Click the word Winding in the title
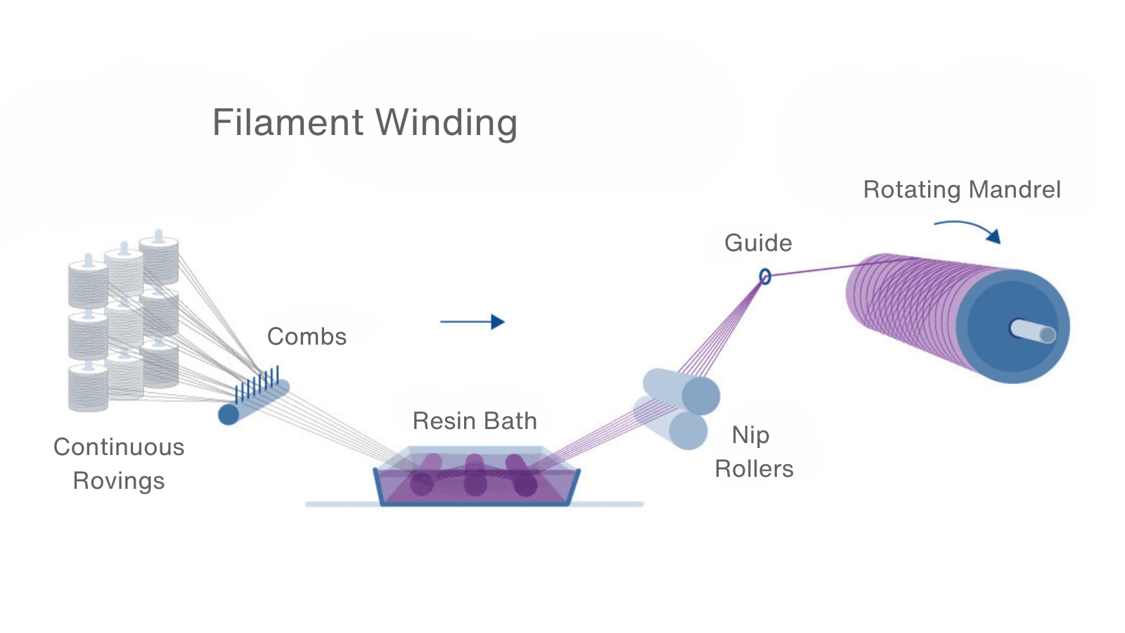(447, 124)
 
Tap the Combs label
(307, 337)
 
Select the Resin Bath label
(475, 421)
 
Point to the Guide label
(758, 243)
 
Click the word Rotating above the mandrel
(912, 190)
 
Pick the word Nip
(750, 435)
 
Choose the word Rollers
(754, 468)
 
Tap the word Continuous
(119, 447)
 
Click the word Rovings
(119, 481)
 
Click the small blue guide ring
(765, 276)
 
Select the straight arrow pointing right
(472, 322)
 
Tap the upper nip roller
(682, 390)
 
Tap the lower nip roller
(671, 423)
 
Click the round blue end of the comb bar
(229, 414)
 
